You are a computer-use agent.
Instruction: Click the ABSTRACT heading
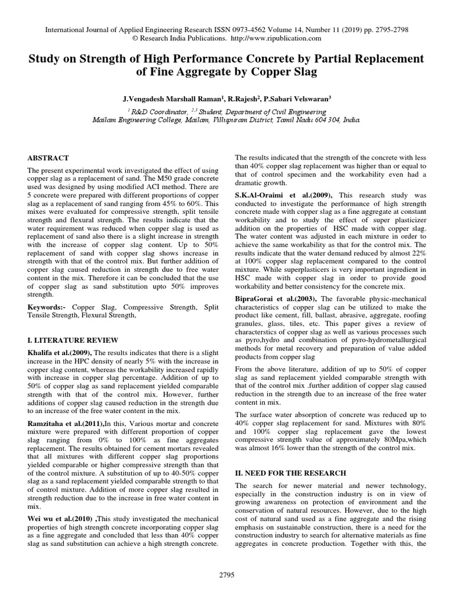[48, 158]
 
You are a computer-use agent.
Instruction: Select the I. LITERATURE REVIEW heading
[73, 340]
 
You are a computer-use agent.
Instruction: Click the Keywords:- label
[47, 308]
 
